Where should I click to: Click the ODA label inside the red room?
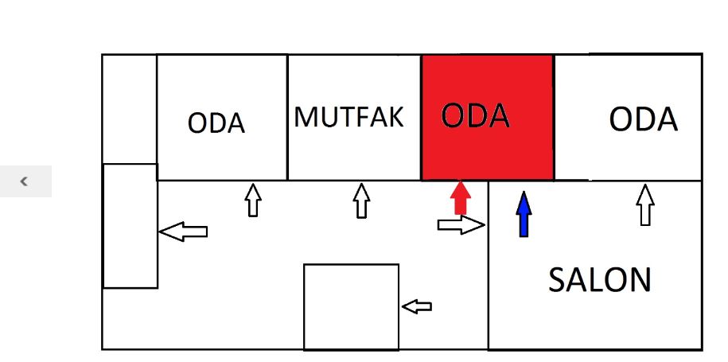click(x=475, y=115)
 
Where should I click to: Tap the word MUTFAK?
click(x=349, y=117)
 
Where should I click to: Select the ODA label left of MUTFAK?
click(x=216, y=123)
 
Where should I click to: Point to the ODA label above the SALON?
click(x=643, y=119)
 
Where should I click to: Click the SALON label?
click(x=600, y=280)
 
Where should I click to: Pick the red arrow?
click(x=461, y=197)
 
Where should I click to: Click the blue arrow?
click(x=524, y=214)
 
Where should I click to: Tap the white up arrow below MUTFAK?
click(x=362, y=200)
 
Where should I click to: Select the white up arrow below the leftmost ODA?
click(x=253, y=200)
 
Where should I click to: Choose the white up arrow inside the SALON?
click(x=645, y=204)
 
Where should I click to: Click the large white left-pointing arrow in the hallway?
click(x=184, y=231)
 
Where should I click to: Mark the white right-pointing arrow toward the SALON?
click(x=461, y=225)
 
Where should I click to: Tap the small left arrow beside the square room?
click(x=417, y=306)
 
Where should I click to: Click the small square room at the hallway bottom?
click(x=352, y=307)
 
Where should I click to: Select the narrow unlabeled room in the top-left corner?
click(x=130, y=109)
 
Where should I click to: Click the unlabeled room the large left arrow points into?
click(x=130, y=226)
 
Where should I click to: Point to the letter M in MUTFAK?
click(x=305, y=117)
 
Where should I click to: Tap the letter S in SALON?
click(x=556, y=280)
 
